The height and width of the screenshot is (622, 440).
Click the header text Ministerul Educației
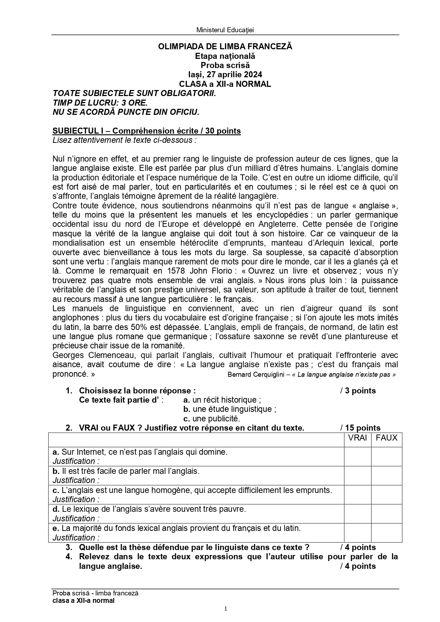click(x=225, y=30)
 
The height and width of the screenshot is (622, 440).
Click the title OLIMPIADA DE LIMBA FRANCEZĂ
click(x=225, y=46)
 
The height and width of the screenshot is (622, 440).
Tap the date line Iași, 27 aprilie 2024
click(x=225, y=74)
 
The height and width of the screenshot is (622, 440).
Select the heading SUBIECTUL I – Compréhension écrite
click(x=146, y=131)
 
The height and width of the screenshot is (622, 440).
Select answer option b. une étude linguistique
click(x=230, y=409)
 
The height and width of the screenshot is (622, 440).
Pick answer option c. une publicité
click(x=212, y=419)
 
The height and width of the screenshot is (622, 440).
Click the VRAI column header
click(x=357, y=438)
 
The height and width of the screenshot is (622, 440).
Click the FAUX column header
click(x=386, y=438)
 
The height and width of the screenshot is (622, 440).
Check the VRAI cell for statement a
click(x=357, y=456)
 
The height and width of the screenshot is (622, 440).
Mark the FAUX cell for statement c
click(x=386, y=494)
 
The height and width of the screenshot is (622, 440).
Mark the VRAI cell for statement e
click(x=357, y=533)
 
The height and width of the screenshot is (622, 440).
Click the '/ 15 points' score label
click(x=360, y=428)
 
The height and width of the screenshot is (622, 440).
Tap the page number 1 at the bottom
click(x=225, y=609)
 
